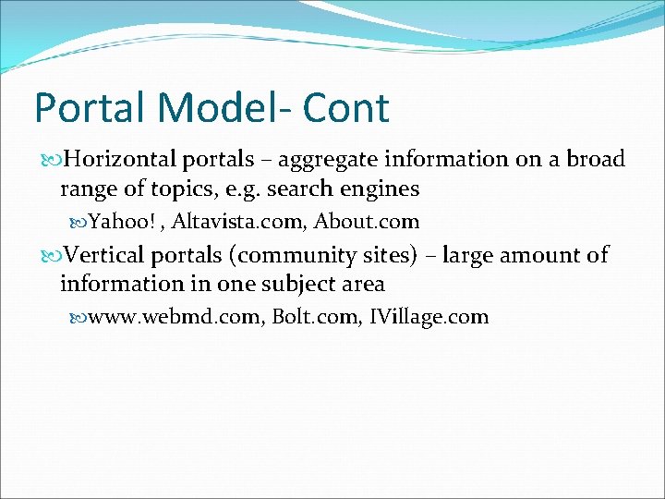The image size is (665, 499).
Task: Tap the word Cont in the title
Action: tap(349, 108)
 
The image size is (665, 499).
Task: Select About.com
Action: tap(368, 222)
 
